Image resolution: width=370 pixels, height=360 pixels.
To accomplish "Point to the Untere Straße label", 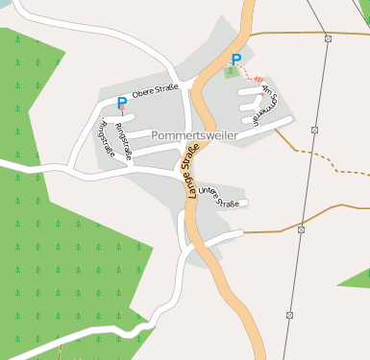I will point(220,197).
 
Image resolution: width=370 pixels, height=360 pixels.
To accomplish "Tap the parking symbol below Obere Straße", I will point(121,103).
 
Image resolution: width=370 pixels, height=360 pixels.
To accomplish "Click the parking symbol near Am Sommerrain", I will point(235,59).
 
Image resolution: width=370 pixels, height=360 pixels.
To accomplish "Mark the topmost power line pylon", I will point(329,38).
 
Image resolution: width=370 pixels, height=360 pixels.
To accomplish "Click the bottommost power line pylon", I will point(289,314).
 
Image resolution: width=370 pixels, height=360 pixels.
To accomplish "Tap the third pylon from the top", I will point(301,230).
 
